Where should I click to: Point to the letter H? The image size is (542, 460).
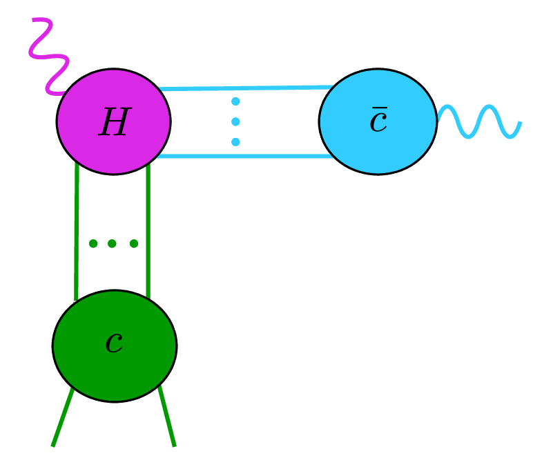pyautogui.click(x=114, y=123)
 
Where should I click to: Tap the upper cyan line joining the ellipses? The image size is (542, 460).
pyautogui.click(x=242, y=88)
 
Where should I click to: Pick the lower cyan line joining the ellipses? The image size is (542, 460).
pyautogui.click(x=242, y=157)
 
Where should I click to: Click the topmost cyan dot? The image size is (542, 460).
pyautogui.click(x=235, y=101)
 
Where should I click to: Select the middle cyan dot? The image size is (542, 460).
pyautogui.click(x=235, y=122)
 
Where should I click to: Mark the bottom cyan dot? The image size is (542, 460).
pyautogui.click(x=235, y=142)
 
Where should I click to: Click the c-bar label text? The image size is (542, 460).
pyautogui.click(x=378, y=121)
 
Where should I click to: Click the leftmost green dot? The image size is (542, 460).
pyautogui.click(x=93, y=243)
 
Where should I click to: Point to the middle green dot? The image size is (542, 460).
pyautogui.click(x=112, y=243)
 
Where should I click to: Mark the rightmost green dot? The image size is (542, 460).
pyautogui.click(x=134, y=243)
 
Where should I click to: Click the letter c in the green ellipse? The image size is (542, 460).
pyautogui.click(x=114, y=343)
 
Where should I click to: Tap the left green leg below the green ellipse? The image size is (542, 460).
pyautogui.click(x=62, y=418)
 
